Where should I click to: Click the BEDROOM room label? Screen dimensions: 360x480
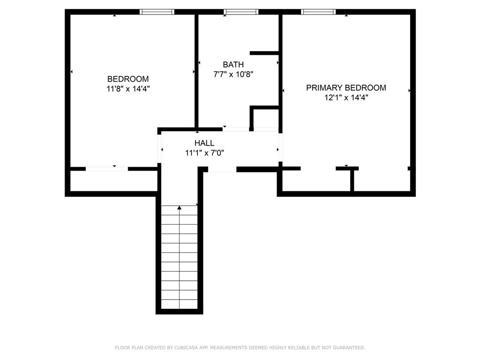click(128, 79)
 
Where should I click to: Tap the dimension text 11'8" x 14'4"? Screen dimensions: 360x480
click(128, 88)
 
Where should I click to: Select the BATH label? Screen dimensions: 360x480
click(233, 65)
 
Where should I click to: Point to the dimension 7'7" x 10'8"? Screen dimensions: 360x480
click(233, 74)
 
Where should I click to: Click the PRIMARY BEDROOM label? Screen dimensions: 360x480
click(346, 88)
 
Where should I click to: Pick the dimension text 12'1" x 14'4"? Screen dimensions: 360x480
click(346, 97)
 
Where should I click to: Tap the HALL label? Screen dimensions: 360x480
click(204, 143)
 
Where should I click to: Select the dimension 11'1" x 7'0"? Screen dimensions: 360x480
click(204, 152)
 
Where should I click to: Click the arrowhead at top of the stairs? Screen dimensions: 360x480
click(180, 208)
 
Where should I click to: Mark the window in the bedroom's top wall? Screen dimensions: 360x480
click(157, 12)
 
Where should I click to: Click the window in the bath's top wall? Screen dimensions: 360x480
click(241, 12)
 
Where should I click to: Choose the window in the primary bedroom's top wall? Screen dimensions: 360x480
click(318, 12)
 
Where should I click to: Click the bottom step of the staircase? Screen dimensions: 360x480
click(180, 304)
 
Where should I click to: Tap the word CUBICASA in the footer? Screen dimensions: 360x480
click(187, 348)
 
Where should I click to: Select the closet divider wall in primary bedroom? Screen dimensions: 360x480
click(352, 180)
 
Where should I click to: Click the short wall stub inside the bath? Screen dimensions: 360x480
click(265, 53)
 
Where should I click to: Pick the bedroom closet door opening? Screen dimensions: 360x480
click(106, 169)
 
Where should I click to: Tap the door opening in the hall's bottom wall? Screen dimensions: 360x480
click(222, 169)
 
